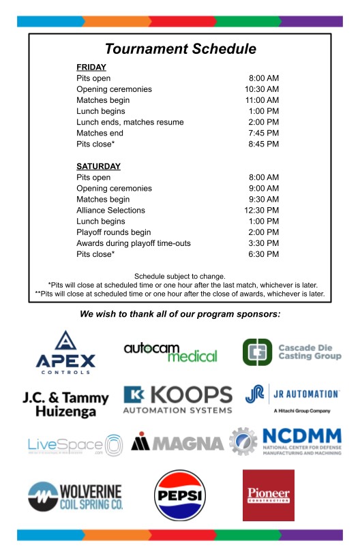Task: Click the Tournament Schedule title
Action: [x=180, y=49]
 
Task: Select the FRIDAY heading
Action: [x=91, y=67]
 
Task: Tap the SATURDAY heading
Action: [x=98, y=166]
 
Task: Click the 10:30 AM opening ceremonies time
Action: [x=262, y=89]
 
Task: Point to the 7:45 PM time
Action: [x=264, y=133]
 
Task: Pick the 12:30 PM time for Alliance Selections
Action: [x=262, y=211]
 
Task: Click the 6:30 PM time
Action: [x=264, y=254]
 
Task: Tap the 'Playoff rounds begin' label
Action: [x=114, y=232]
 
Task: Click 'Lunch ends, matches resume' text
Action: [x=130, y=122]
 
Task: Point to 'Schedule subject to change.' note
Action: [x=180, y=275]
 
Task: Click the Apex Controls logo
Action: [x=65, y=352]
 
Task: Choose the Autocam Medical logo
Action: [x=170, y=352]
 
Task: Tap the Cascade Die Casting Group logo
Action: [x=292, y=352]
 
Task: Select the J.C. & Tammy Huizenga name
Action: [x=65, y=404]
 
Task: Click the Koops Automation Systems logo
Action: [x=177, y=400]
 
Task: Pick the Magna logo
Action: [x=177, y=443]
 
